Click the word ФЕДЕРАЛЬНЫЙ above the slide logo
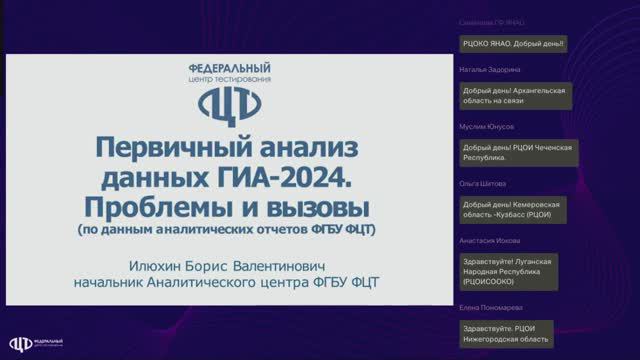tap(229, 66)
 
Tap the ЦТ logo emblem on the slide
tap(229, 103)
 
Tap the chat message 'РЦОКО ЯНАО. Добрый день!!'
tap(513, 43)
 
